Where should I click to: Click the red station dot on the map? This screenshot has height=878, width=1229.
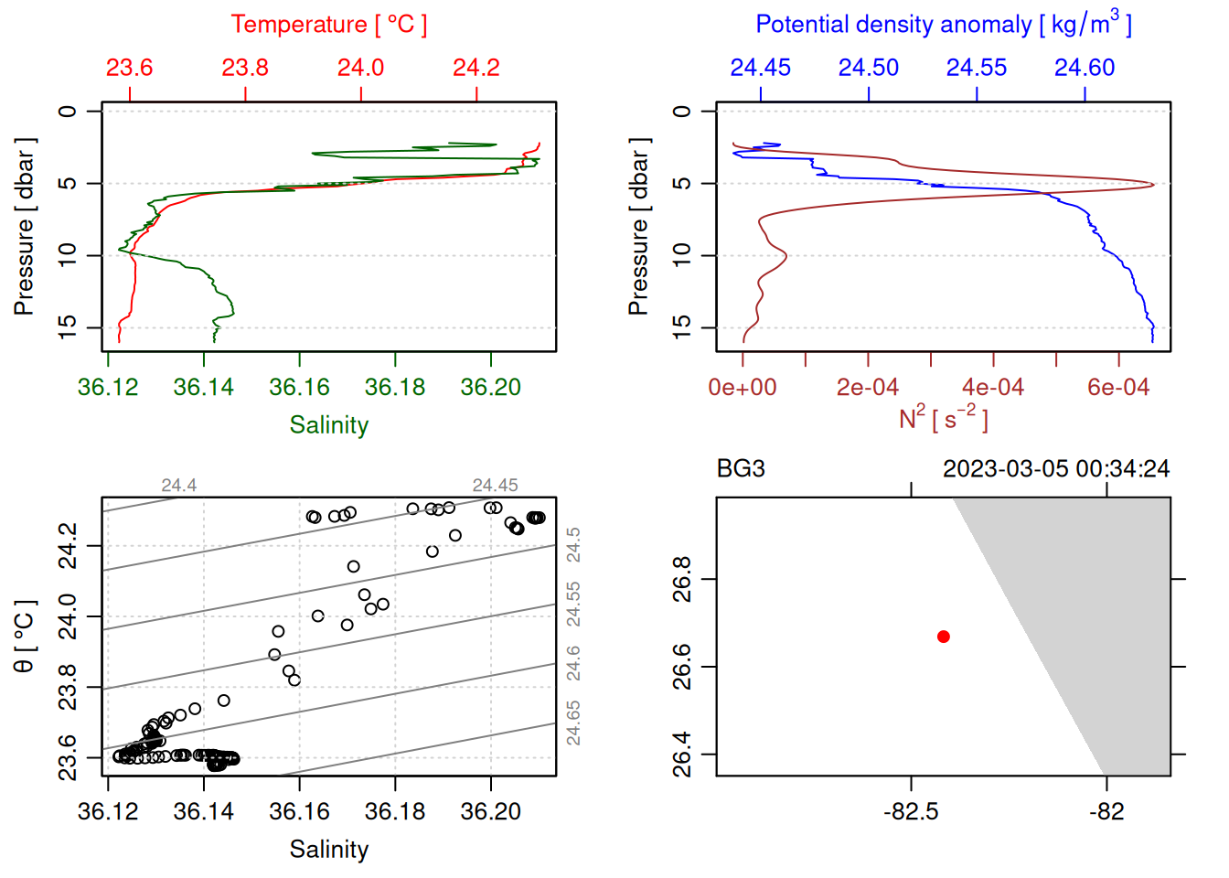pyautogui.click(x=943, y=637)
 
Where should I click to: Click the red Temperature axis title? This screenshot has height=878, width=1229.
pyautogui.click(x=328, y=25)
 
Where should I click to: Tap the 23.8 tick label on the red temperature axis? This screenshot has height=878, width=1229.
pyautogui.click(x=245, y=68)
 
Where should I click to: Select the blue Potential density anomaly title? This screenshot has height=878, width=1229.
pyautogui.click(x=943, y=25)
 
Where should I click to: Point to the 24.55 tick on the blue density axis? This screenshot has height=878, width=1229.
pyautogui.click(x=977, y=68)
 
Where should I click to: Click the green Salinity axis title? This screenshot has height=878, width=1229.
pyautogui.click(x=328, y=425)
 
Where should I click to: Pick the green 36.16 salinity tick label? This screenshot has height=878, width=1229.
pyautogui.click(x=299, y=388)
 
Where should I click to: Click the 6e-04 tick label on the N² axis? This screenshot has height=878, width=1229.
pyautogui.click(x=1117, y=388)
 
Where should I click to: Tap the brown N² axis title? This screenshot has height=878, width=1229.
pyautogui.click(x=943, y=419)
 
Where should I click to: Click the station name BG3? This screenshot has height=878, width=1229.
pyautogui.click(x=741, y=469)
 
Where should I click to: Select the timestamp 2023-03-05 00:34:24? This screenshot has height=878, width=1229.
pyautogui.click(x=1056, y=469)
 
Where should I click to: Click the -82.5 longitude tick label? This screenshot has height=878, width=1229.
pyautogui.click(x=911, y=812)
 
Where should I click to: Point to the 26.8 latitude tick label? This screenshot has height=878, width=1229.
pyautogui.click(x=682, y=579)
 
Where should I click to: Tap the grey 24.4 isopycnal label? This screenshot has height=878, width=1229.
pyautogui.click(x=179, y=486)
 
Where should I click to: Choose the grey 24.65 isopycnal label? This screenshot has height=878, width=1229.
pyautogui.click(x=573, y=723)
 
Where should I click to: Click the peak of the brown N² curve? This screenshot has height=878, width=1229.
pyautogui.click(x=1152, y=185)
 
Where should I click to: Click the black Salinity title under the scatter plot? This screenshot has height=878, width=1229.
pyautogui.click(x=328, y=850)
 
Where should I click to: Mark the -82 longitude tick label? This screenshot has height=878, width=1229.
pyautogui.click(x=1106, y=812)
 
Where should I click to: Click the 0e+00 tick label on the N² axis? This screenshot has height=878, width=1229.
pyautogui.click(x=743, y=388)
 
